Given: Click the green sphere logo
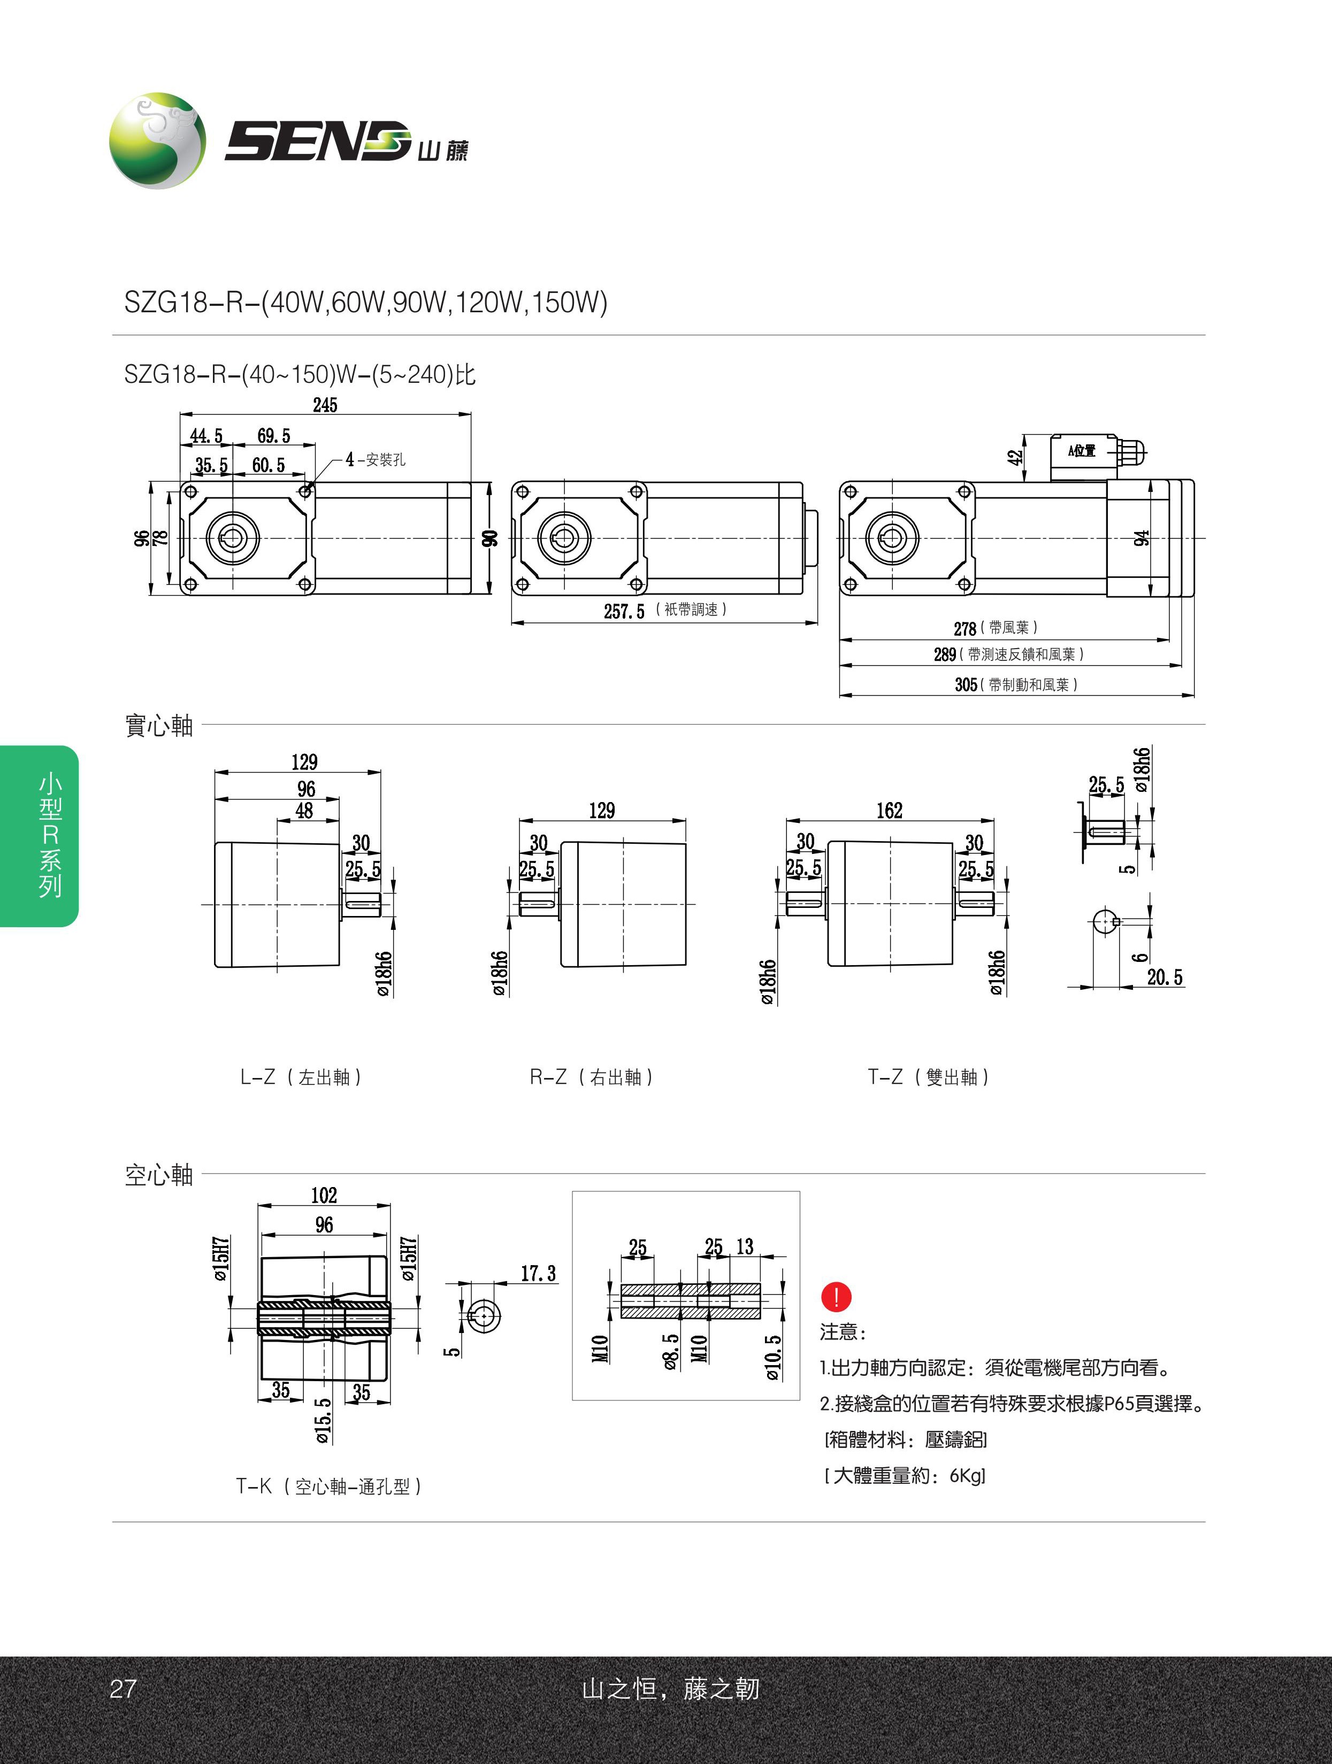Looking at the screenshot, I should (157, 140).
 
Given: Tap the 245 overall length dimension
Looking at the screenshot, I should (325, 405).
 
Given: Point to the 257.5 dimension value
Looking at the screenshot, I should (624, 612).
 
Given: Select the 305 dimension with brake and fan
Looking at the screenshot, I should (966, 684).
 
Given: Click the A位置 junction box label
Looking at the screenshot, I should (1082, 451).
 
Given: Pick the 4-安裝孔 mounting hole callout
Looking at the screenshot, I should (375, 460).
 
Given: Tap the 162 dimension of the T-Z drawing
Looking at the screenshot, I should (889, 811).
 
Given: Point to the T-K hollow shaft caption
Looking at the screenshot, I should (328, 1485).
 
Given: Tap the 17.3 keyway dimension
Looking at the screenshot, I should (538, 1274).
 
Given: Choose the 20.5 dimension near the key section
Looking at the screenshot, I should (1165, 977).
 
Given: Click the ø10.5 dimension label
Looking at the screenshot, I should (772, 1357).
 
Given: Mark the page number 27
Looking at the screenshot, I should (123, 1688).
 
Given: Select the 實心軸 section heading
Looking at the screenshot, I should (159, 726).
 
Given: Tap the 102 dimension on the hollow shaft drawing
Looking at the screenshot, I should (324, 1196).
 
